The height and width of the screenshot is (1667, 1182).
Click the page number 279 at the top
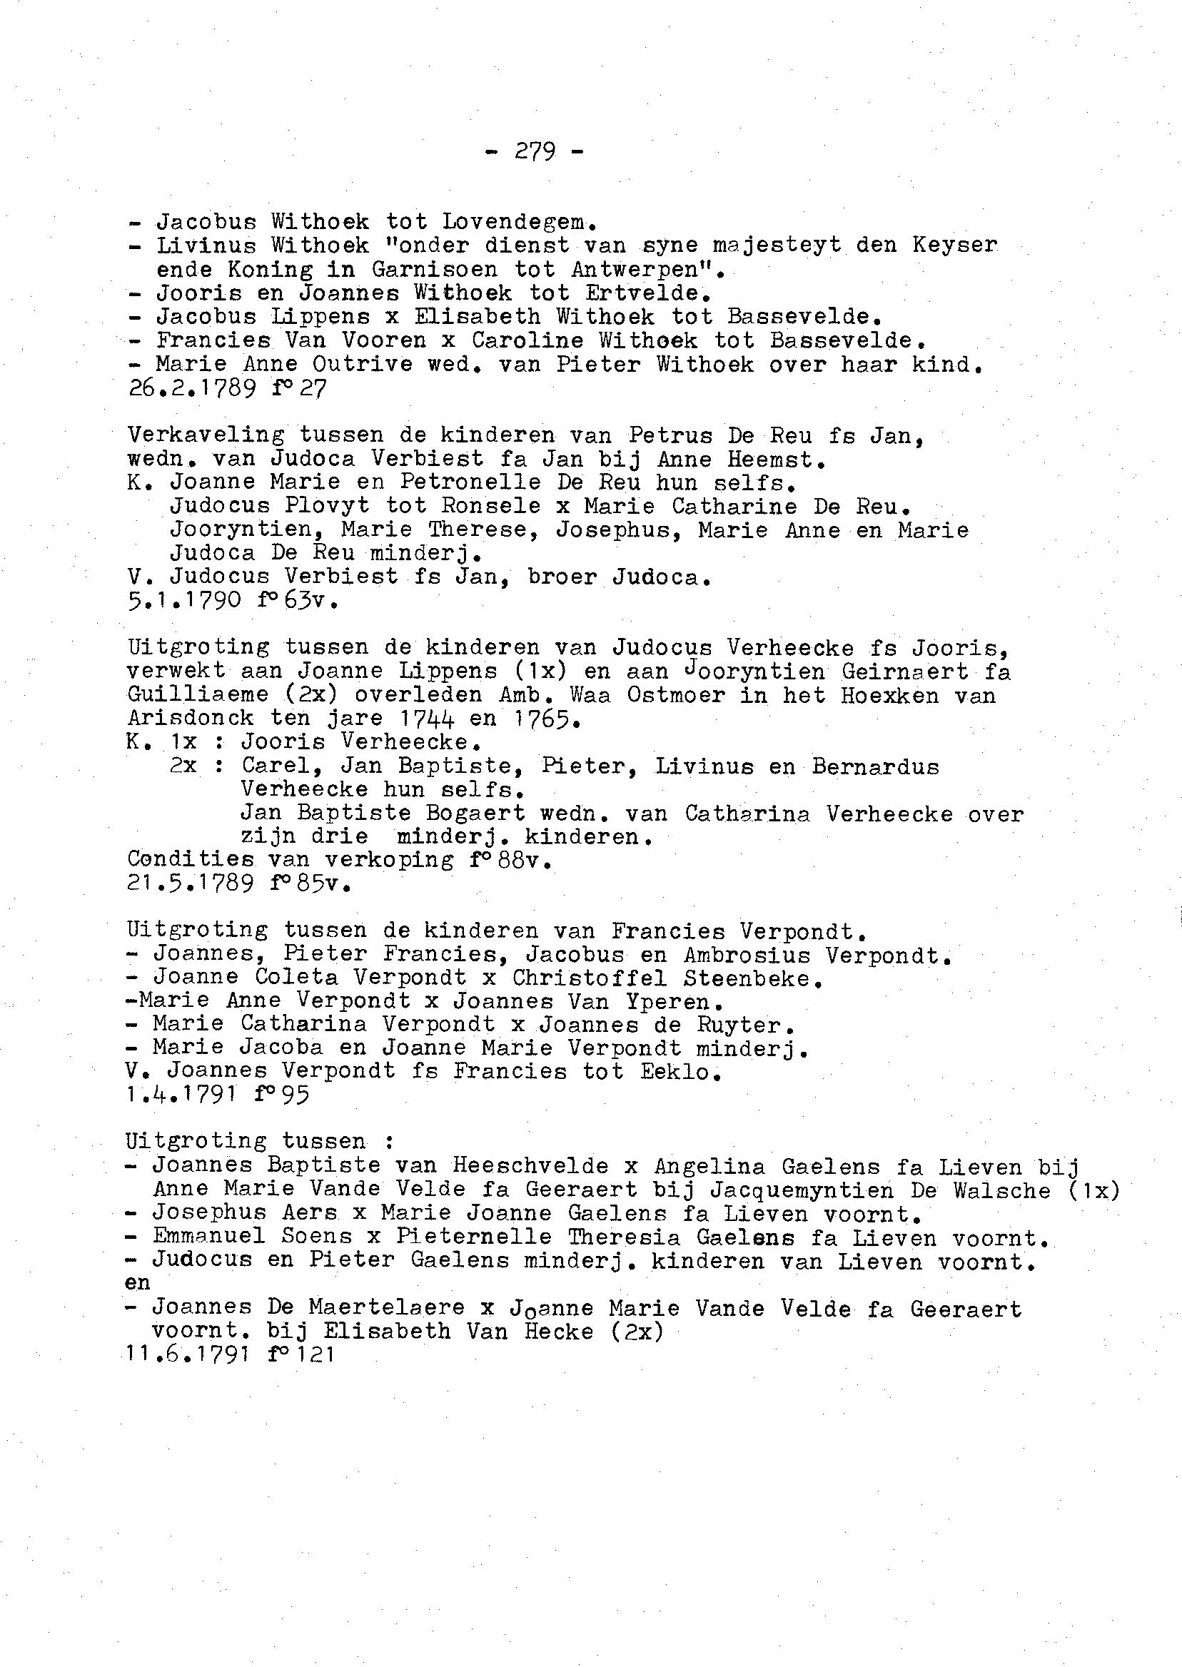535,151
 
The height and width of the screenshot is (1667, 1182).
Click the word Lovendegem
520,222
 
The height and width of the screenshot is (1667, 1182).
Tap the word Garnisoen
435,270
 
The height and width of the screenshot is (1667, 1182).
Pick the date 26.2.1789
191,388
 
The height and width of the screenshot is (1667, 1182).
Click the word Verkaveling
206,435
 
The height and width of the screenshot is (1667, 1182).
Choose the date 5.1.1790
184,602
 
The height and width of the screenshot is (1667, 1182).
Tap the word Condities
191,859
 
